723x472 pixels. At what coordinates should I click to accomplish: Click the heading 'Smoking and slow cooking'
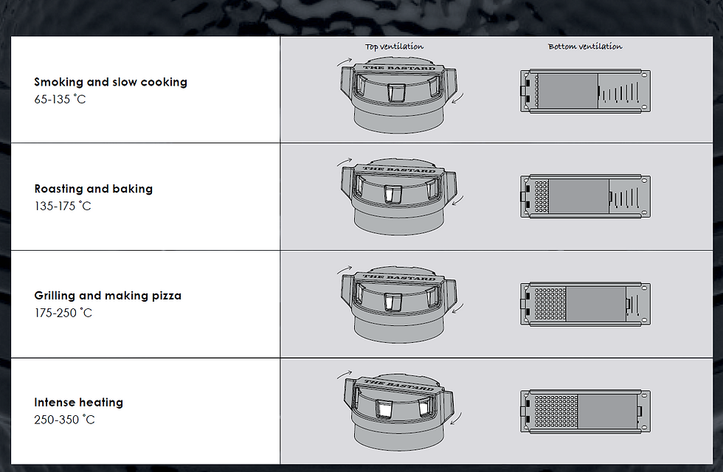111,82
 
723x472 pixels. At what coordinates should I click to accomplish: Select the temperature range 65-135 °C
60,99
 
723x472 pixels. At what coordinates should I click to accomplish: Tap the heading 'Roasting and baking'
94,189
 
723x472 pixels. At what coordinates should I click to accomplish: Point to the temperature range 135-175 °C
63,206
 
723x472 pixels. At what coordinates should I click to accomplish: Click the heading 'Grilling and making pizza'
108,296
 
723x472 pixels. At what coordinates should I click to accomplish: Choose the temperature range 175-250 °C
63,313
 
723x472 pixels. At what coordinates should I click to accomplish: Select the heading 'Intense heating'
79,403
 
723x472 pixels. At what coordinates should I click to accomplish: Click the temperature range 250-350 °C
65,420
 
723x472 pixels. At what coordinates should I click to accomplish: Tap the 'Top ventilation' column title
394,46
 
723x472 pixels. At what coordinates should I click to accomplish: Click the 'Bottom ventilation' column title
585,46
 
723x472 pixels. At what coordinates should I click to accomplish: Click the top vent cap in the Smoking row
398,95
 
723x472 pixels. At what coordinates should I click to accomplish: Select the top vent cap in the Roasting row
398,197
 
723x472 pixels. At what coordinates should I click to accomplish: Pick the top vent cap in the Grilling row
398,304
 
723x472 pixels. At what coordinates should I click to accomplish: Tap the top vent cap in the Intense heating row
398,412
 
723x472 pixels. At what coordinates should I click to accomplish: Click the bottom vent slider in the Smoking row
586,91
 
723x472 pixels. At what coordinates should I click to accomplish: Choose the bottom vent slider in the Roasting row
586,196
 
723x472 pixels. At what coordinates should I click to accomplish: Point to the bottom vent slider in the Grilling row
586,304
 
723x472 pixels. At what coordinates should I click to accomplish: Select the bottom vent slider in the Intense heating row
586,412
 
